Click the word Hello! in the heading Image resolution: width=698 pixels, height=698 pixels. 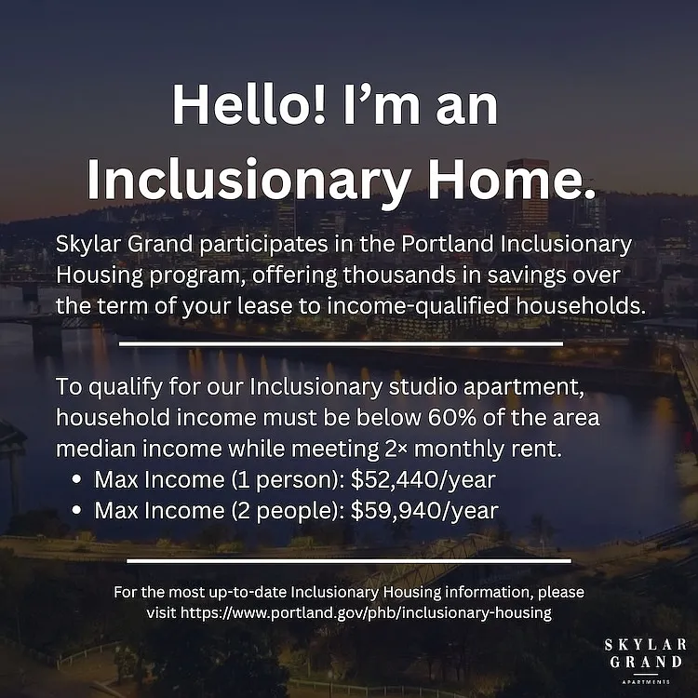(x=248, y=104)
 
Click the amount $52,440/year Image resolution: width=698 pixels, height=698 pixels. (x=423, y=480)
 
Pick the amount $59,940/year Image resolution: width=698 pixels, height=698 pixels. (x=424, y=511)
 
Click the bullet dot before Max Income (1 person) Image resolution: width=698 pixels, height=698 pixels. (x=77, y=480)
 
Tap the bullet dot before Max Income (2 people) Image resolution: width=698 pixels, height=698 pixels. (x=77, y=511)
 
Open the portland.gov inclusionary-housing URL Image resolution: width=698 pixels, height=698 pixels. (x=367, y=613)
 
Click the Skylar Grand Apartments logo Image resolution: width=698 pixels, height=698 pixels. (x=645, y=660)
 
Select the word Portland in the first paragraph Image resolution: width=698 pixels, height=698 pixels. (x=447, y=244)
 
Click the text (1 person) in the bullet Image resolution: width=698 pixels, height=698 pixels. (x=288, y=481)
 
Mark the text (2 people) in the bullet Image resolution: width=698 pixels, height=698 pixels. (x=288, y=512)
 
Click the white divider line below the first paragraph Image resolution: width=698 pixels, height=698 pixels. (x=341, y=343)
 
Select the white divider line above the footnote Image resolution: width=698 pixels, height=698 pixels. (x=349, y=561)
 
